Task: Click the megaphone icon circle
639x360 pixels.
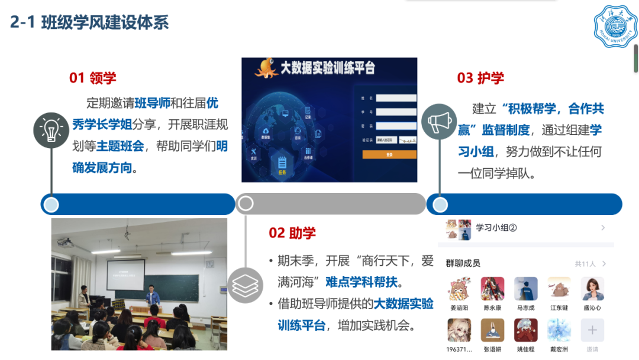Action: click(440, 123)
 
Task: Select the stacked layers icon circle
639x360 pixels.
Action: click(245, 285)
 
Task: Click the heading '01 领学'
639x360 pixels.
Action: click(93, 78)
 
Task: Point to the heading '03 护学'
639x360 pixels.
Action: click(480, 78)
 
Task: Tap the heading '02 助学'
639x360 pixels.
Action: click(292, 233)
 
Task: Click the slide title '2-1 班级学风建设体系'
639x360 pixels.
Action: click(89, 22)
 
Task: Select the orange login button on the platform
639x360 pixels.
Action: click(389, 155)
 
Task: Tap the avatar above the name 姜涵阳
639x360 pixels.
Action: click(459, 289)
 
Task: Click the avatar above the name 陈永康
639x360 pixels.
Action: click(492, 289)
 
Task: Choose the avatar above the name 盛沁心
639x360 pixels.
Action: click(592, 289)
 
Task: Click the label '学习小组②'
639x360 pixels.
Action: click(496, 227)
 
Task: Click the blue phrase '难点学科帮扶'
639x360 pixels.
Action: click(362, 281)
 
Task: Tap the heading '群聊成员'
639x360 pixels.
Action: click(463, 263)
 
